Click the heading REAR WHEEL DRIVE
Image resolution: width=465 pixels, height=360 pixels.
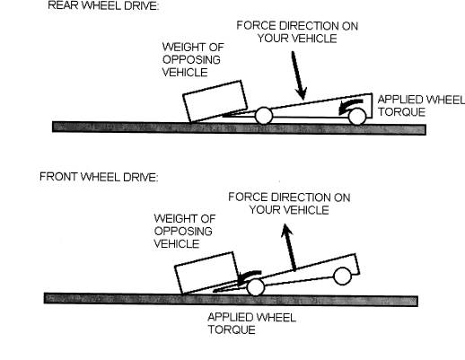tap(103, 5)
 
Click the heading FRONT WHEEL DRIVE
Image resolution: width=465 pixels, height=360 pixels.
tap(99, 177)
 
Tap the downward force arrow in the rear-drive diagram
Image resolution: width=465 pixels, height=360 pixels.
tap(299, 75)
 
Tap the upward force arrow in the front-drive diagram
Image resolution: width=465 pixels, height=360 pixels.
tap(289, 247)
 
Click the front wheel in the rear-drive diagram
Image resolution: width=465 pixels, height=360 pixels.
tap(264, 116)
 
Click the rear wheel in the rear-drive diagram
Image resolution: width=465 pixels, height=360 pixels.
tap(357, 116)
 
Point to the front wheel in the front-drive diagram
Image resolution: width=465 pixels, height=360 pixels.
tap(256, 287)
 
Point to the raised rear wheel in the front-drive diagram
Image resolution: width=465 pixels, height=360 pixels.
tap(342, 277)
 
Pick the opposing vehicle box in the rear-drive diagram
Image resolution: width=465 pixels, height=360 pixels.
tap(215, 101)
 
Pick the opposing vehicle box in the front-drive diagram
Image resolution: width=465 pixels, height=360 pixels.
tap(206, 273)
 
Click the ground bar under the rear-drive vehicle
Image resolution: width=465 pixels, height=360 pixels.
tap(239, 127)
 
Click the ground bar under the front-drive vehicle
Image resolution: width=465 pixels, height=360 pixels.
tap(231, 299)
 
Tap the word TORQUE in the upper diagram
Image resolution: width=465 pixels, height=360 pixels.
tap(401, 112)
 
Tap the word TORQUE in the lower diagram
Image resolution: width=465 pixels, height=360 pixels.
tap(232, 329)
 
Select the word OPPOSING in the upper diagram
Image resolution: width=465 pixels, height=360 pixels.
tap(191, 59)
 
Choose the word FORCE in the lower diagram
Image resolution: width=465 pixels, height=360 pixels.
tap(248, 198)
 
